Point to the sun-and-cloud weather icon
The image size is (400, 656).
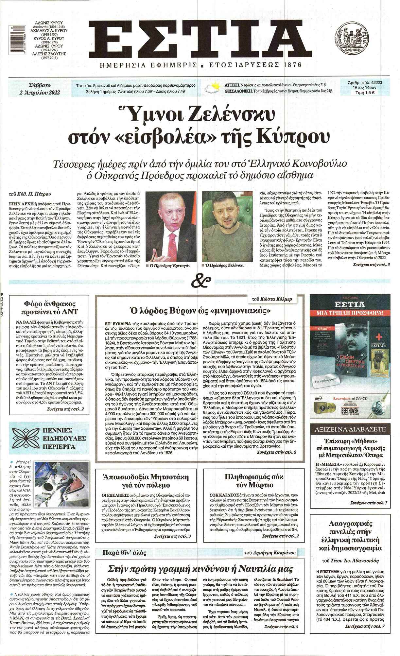[x=212, y=88]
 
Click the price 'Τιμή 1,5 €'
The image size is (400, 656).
[x=365, y=93]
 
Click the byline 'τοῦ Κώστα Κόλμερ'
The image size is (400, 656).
[x=272, y=299]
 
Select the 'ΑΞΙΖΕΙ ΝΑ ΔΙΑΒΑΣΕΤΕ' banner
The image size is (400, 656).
[x=350, y=429]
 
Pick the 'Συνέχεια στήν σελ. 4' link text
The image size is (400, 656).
[x=281, y=627]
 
